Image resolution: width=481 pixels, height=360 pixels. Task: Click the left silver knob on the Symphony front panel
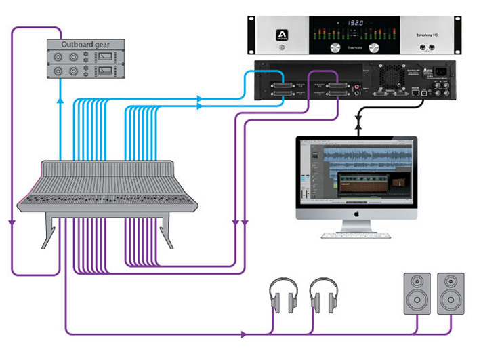coord(335,48)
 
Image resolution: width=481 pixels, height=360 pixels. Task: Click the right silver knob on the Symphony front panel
coord(377,48)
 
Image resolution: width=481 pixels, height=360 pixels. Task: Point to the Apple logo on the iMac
coord(357,212)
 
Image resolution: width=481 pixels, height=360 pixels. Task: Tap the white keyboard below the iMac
coord(356,235)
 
